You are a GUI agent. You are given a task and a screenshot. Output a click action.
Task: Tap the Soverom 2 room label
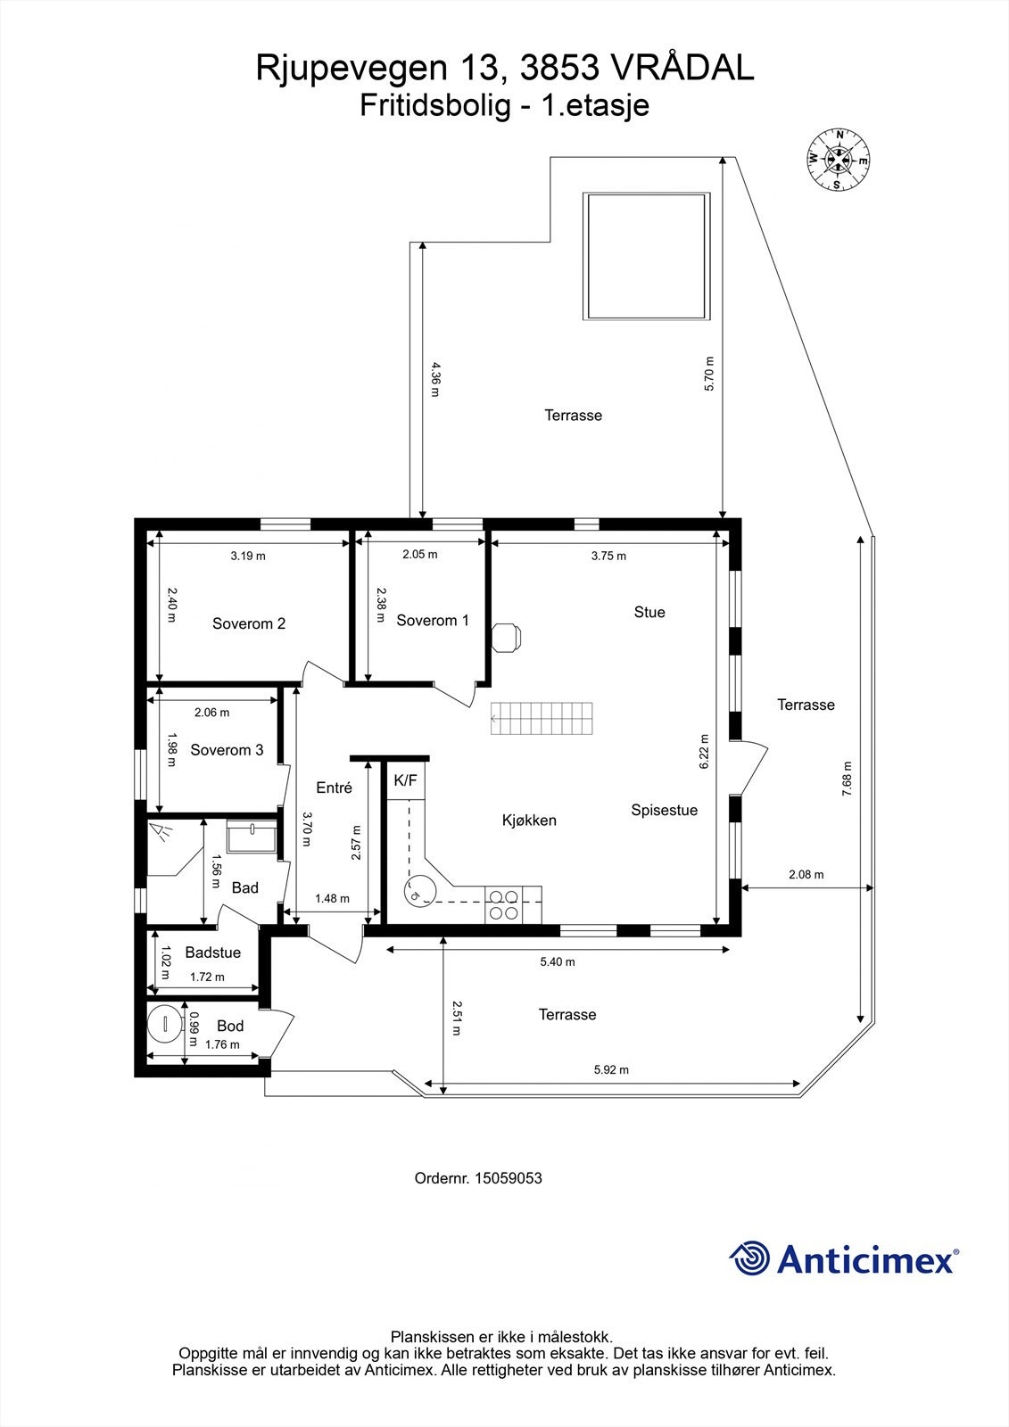[x=249, y=623]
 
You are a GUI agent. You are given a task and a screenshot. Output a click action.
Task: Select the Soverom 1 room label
[x=433, y=621]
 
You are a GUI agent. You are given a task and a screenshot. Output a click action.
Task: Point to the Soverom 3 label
[x=227, y=750]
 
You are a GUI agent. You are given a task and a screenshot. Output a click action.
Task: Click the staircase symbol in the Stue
[x=542, y=718]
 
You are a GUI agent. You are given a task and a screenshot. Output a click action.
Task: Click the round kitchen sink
[x=419, y=890]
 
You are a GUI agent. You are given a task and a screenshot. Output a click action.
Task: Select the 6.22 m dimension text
[x=705, y=751]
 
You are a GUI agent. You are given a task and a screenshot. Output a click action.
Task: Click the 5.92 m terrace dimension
[x=611, y=1069]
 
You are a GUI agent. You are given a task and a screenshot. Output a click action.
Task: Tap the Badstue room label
[x=213, y=953]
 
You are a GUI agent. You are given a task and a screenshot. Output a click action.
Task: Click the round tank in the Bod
[x=165, y=1023]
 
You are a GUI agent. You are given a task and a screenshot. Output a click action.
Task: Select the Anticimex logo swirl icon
[x=749, y=1258]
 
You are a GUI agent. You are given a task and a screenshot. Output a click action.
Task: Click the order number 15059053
[x=508, y=1178]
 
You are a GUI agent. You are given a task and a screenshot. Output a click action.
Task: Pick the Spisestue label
[x=665, y=810]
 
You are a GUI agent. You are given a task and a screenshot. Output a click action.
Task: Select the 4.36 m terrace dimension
[x=435, y=379]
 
